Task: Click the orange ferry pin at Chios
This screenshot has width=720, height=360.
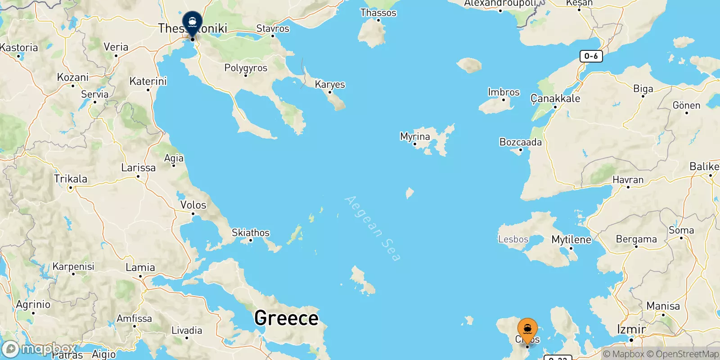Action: tap(527, 330)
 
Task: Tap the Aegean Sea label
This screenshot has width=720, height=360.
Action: tap(372, 228)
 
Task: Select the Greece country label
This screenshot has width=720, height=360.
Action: tap(286, 318)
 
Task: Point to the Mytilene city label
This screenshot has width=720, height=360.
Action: tap(571, 239)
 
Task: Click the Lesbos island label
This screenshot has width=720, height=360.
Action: tap(513, 239)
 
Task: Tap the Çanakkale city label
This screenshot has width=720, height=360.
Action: tap(555, 99)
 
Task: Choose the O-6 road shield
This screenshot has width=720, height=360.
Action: tap(591, 56)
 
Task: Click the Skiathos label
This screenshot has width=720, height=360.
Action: tap(251, 233)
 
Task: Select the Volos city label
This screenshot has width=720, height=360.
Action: tap(193, 205)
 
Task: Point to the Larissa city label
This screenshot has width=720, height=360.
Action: tap(138, 167)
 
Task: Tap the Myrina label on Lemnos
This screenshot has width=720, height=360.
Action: tap(415, 136)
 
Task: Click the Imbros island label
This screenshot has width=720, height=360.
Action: tap(504, 92)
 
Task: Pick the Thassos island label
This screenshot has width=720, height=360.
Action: tap(378, 13)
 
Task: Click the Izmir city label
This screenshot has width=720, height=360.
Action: tap(631, 329)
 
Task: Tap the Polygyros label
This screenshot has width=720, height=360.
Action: tap(246, 68)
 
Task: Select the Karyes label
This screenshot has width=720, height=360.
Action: tap(330, 84)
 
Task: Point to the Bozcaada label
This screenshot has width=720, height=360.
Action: tap(521, 142)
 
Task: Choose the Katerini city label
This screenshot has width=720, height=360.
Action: tap(148, 81)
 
